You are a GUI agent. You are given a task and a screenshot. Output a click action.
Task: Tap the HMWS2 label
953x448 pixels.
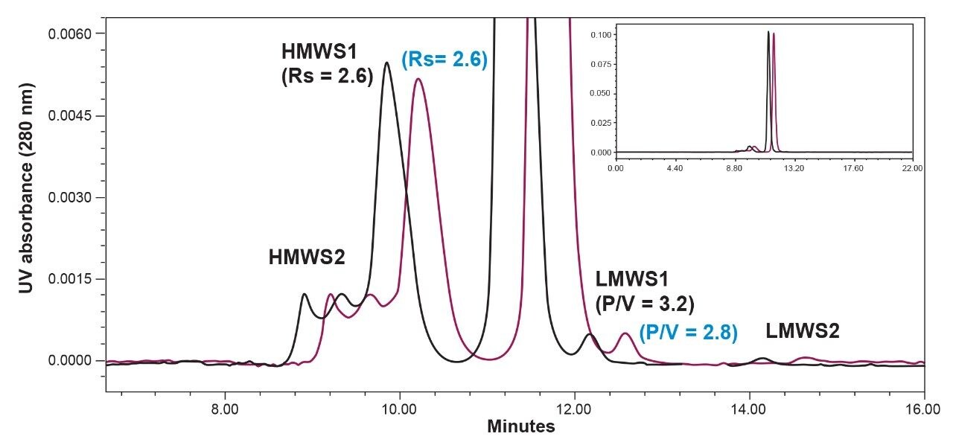307,257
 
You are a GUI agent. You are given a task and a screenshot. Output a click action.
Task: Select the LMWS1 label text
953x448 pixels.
631,280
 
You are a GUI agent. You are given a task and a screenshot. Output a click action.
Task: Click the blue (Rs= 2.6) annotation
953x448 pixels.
444,60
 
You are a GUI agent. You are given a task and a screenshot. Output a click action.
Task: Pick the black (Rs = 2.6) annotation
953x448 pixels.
327,77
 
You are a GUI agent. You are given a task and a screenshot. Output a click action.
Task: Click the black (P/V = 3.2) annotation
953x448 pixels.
645,304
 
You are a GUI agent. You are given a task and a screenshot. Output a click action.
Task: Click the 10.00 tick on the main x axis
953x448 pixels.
400,408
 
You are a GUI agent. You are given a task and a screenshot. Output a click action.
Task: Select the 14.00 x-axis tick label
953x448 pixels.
750,408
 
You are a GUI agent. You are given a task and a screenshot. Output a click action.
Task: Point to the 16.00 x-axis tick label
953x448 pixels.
924,408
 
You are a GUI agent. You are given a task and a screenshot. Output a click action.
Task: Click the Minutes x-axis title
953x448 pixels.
521,427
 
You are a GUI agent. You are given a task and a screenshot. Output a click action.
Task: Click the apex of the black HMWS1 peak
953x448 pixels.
387,63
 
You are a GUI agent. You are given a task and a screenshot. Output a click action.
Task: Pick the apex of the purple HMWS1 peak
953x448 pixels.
418,79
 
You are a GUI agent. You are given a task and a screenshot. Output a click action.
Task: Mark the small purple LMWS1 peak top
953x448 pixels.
625,333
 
